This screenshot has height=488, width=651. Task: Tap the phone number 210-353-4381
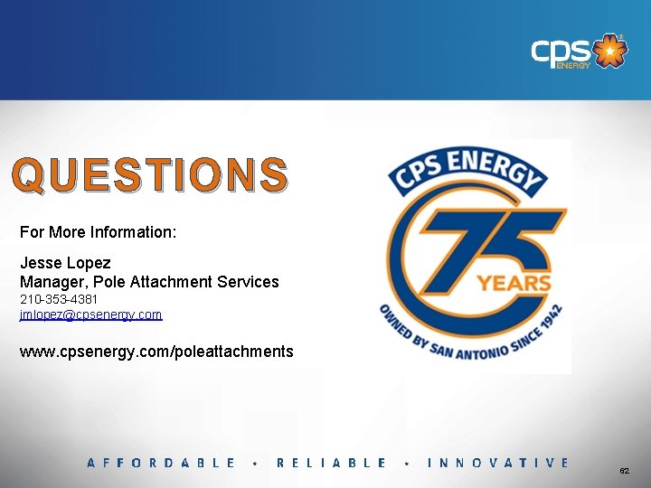[x=59, y=298]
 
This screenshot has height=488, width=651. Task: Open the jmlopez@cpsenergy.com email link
[x=90, y=314]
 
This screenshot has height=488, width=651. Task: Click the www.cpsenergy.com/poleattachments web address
[x=156, y=351]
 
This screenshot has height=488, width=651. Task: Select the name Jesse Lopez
[x=65, y=263]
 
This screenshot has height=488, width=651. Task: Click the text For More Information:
[x=98, y=232]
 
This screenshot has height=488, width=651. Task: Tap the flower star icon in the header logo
[x=612, y=51]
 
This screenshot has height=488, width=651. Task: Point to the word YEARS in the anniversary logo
[x=514, y=283]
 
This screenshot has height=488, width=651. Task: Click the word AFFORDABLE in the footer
[x=161, y=463]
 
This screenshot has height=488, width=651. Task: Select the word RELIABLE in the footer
[x=332, y=463]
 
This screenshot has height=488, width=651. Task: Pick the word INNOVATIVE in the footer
[x=498, y=463]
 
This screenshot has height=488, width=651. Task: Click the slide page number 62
[x=624, y=472]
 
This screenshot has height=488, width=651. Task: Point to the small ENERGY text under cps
[x=573, y=65]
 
